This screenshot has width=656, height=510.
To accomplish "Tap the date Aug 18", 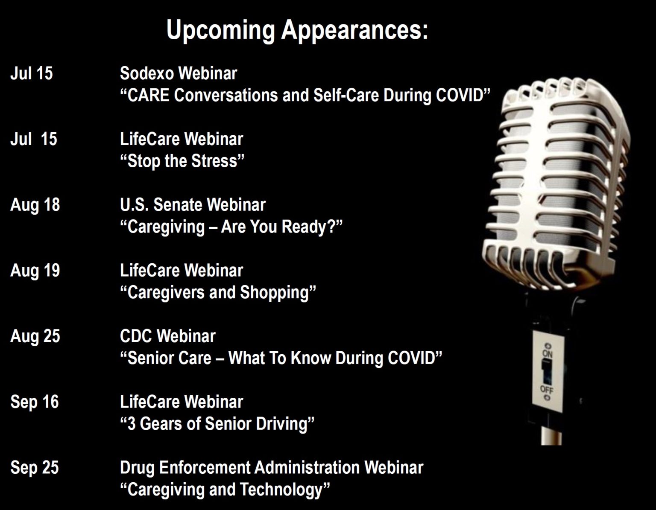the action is click(x=35, y=205).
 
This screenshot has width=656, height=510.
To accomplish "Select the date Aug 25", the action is click(x=35, y=337).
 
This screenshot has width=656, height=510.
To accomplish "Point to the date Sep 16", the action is click(x=35, y=402).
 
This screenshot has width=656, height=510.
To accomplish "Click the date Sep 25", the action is click(x=35, y=468).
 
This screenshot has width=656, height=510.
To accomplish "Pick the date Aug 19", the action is click(x=35, y=271).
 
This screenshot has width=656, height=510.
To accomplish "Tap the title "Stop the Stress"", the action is click(x=182, y=161).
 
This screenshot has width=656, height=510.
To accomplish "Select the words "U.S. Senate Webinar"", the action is click(x=193, y=205).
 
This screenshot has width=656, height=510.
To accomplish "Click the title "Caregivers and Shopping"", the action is click(x=218, y=292).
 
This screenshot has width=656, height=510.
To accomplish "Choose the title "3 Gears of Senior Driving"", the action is click(x=217, y=424).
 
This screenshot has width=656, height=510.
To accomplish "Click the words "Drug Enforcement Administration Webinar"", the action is click(x=272, y=467).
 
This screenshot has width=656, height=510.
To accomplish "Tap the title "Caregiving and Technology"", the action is click(x=225, y=490).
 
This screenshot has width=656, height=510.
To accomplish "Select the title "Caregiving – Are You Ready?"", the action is click(x=231, y=227).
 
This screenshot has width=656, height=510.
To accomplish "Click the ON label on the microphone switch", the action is click(x=548, y=353).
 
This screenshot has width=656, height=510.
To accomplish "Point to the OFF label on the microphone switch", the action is click(x=546, y=390).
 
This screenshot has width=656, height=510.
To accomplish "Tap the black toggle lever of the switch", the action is click(x=547, y=372).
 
